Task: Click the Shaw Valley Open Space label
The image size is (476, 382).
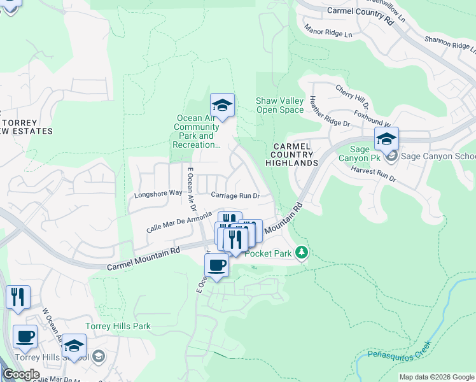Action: click(x=279, y=105)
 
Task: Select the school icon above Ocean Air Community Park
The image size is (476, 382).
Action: click(x=222, y=105)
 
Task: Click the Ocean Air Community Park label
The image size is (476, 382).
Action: click(x=197, y=131)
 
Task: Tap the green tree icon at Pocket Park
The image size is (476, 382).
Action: click(x=302, y=253)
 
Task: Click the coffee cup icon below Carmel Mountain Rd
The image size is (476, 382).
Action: click(x=217, y=264)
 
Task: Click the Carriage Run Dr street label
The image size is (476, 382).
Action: click(x=236, y=195)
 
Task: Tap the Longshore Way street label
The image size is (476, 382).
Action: click(x=158, y=192)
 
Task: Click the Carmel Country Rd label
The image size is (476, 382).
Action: click(x=360, y=15)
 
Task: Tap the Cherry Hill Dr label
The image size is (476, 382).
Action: click(x=352, y=96)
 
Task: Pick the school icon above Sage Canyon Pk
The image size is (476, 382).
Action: click(x=386, y=139)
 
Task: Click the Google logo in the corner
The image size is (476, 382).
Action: click(x=21, y=374)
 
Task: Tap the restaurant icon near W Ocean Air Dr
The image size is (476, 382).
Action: click(x=18, y=297)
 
